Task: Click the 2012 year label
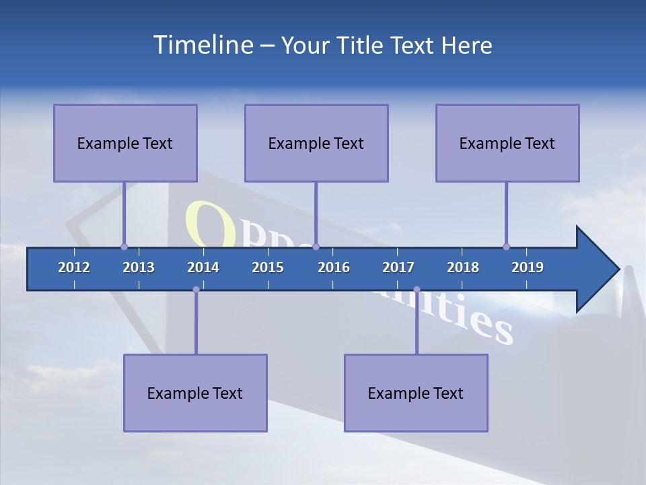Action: (74, 267)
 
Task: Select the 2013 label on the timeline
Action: (139, 267)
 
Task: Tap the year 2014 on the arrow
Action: (203, 267)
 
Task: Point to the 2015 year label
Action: (268, 267)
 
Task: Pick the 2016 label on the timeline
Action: (334, 267)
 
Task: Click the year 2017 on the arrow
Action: (398, 267)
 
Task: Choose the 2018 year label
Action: (463, 267)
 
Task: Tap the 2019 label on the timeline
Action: (528, 267)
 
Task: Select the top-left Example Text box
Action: (125, 143)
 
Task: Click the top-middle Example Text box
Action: (316, 143)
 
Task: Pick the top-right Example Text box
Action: (507, 143)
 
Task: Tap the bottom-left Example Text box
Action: (195, 393)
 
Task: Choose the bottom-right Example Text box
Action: (416, 393)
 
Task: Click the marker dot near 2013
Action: (124, 247)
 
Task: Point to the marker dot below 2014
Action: (196, 289)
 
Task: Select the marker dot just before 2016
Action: (316, 247)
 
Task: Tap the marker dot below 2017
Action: (417, 289)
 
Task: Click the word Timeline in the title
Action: (203, 45)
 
